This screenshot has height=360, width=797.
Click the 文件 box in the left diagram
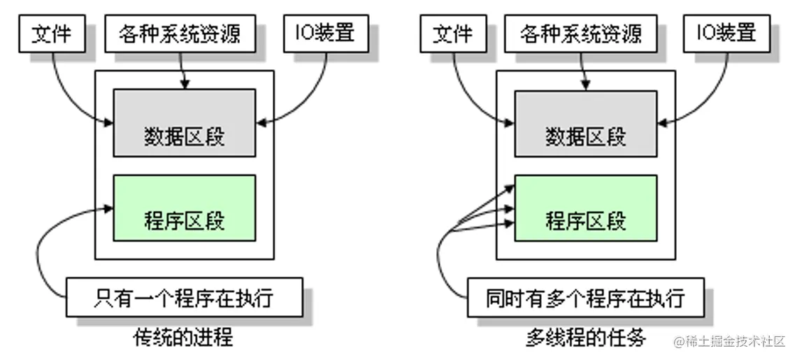click(52, 32)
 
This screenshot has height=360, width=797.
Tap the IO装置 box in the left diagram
click(324, 32)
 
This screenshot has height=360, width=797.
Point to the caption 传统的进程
click(183, 338)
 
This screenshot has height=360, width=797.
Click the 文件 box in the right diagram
click(453, 32)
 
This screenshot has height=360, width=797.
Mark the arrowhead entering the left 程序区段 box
click(108, 208)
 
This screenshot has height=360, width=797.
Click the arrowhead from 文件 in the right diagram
click(510, 124)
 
